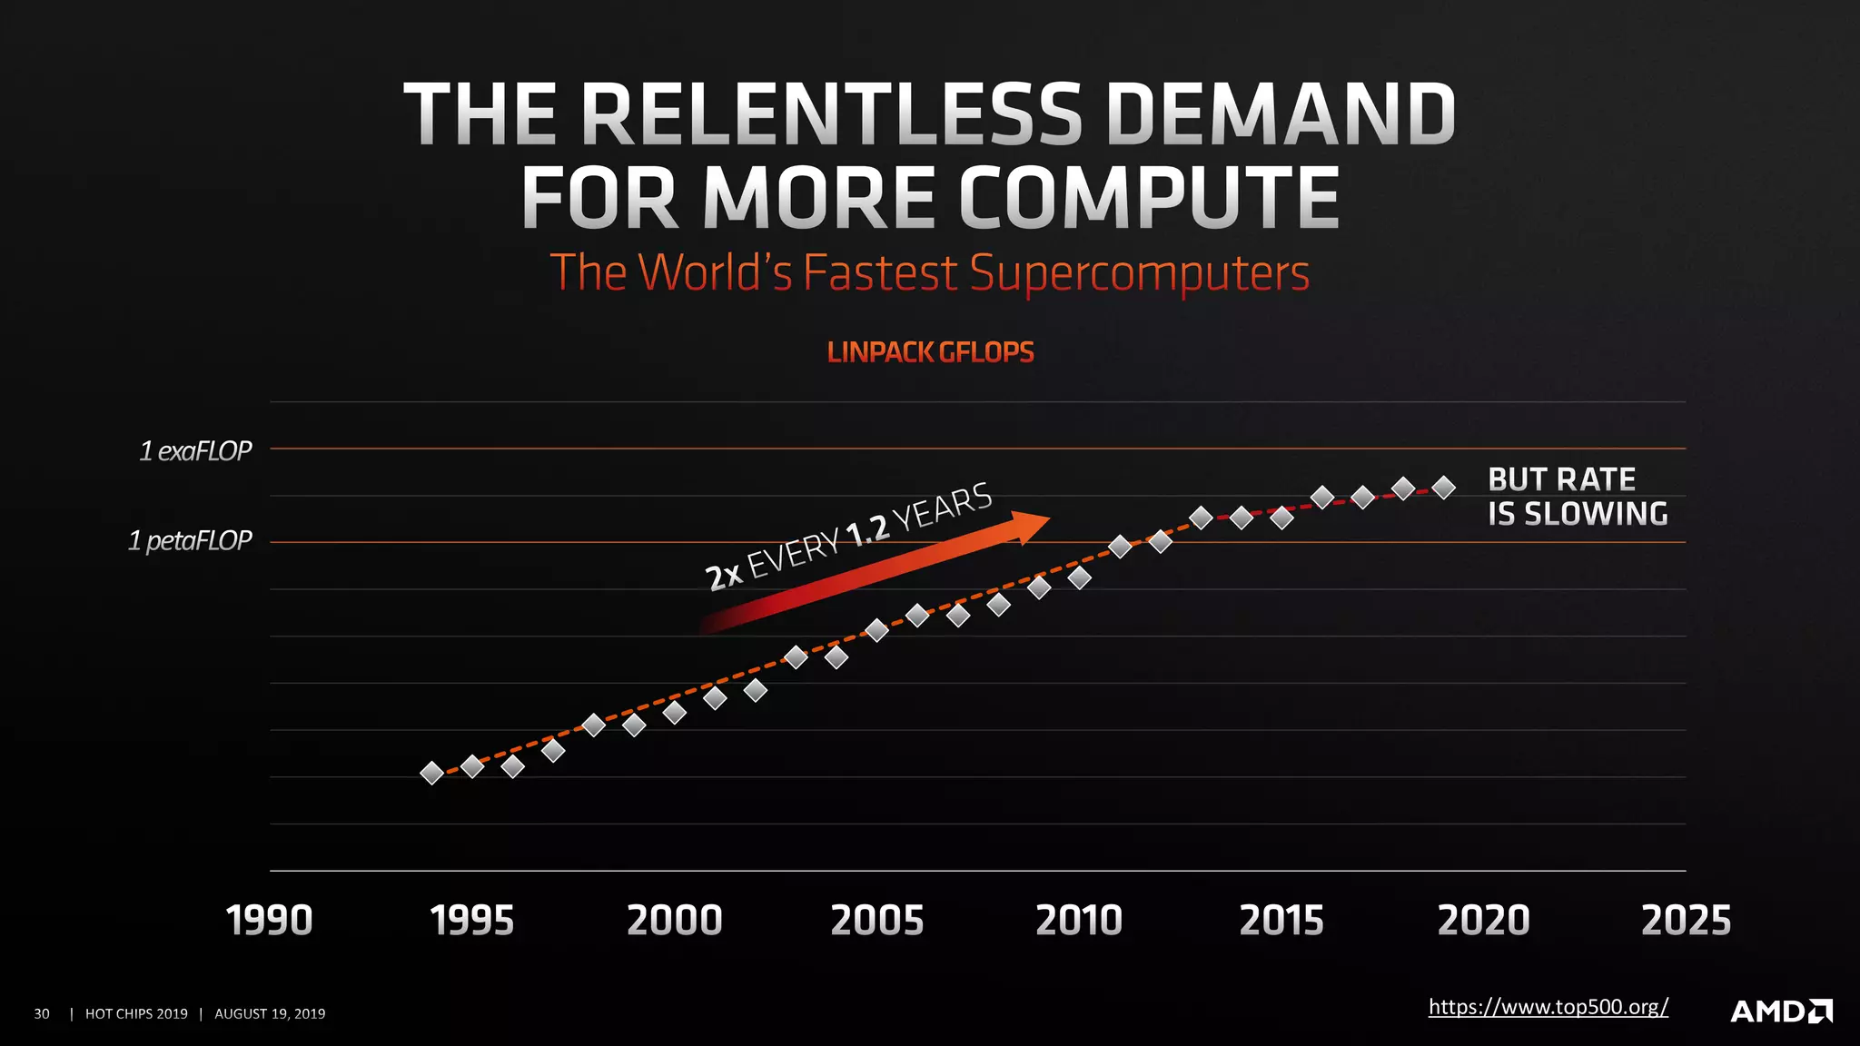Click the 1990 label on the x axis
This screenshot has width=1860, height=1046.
(269, 921)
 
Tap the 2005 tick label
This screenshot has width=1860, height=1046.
(877, 921)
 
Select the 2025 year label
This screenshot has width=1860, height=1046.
(1686, 921)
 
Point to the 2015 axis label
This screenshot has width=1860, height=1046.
(1281, 921)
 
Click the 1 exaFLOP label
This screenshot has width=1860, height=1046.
(195, 450)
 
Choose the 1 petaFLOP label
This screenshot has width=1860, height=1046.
(190, 541)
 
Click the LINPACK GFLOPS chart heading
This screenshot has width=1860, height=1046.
(930, 352)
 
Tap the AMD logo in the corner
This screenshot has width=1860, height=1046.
(1781, 1011)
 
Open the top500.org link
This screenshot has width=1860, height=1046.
(1548, 1007)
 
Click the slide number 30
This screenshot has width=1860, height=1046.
(42, 1013)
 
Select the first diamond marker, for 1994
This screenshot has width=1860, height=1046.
(432, 773)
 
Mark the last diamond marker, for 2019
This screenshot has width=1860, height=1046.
(1443, 488)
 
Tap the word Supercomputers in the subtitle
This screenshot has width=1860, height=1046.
(1139, 272)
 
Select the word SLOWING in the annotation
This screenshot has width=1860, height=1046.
(1596, 514)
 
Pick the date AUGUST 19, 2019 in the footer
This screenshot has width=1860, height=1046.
(270, 1013)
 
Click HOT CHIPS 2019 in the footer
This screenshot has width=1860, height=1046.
(136, 1013)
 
